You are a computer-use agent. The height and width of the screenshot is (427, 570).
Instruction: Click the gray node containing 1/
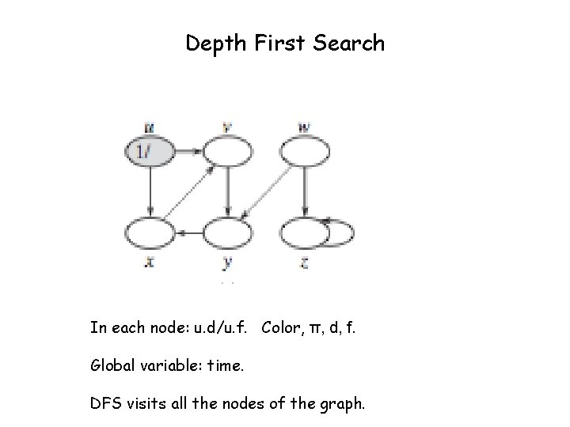(149, 150)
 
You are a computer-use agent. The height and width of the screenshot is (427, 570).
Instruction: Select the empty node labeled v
(228, 150)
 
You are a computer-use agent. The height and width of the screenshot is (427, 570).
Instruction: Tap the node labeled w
(305, 150)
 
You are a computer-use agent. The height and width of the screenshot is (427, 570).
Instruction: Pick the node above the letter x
(149, 232)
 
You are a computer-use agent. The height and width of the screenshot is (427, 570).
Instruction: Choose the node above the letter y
(228, 232)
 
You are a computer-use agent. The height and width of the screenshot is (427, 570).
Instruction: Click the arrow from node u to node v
(188, 150)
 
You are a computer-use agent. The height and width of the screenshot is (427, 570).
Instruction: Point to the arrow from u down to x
(149, 191)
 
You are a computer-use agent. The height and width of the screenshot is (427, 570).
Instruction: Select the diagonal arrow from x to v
(188, 191)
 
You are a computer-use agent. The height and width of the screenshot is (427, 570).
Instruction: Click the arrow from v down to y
(228, 191)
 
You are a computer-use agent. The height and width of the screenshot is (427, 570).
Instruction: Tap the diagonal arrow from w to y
(266, 191)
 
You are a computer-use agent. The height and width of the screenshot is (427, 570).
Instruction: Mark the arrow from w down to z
(305, 191)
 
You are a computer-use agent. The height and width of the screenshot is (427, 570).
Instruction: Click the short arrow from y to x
(188, 232)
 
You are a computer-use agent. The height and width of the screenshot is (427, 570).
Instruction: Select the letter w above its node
(305, 126)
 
